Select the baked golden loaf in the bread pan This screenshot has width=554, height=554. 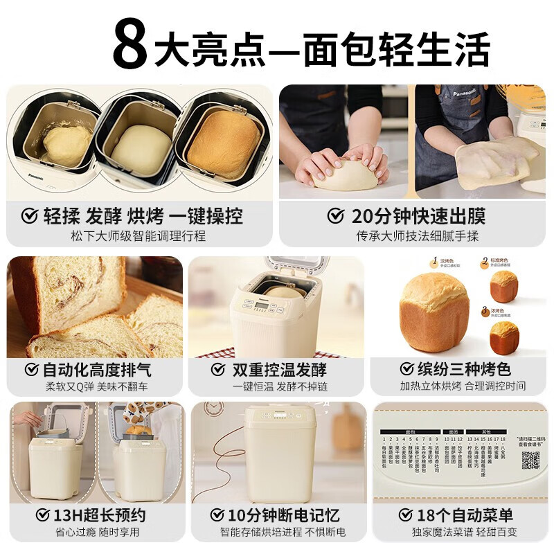[224, 144]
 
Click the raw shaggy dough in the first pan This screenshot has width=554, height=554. [66, 145]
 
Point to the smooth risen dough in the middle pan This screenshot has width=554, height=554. [141, 149]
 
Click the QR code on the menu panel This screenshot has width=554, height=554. [530, 460]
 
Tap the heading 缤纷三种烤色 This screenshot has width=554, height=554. [466, 368]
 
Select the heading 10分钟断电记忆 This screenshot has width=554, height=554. [285, 515]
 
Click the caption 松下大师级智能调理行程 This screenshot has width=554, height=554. [138, 235]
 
